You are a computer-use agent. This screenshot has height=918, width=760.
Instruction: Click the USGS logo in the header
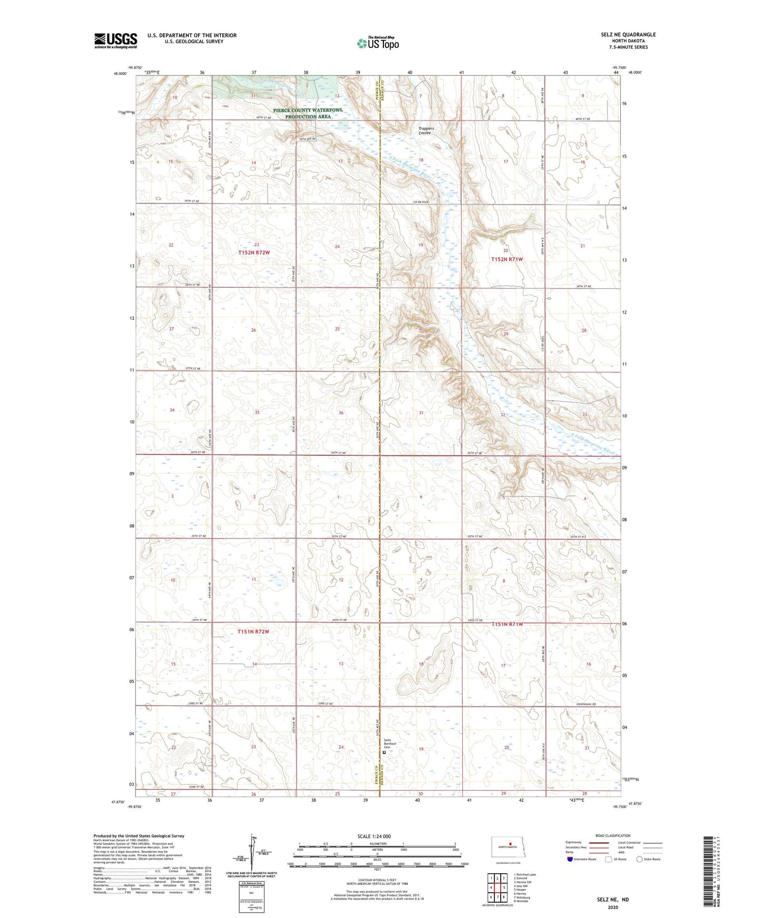[x=116, y=40]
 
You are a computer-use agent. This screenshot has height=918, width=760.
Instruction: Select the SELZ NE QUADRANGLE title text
[x=628, y=35]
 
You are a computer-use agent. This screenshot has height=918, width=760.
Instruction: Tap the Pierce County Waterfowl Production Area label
[x=308, y=113]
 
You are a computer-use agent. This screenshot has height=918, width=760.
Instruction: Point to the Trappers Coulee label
[x=425, y=130]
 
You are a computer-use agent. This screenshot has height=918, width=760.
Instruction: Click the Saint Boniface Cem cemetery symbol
[x=384, y=752]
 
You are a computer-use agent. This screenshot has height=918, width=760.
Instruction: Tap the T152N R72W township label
[x=254, y=253]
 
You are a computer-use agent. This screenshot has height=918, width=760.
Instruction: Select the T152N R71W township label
[x=506, y=259]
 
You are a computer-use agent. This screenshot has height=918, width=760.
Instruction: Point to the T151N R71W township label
[x=507, y=624]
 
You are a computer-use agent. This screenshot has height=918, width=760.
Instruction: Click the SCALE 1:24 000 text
[x=373, y=836]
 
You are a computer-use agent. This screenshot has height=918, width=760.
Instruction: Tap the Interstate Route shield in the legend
[x=570, y=859]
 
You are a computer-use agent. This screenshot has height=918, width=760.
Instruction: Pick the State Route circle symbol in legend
[x=640, y=859]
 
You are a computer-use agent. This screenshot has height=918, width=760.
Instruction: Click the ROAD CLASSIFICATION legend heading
[x=613, y=835]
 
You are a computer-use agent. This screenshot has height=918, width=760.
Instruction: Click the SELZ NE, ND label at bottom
[x=613, y=900]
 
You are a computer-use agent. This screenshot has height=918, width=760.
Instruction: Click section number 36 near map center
[x=341, y=413]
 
